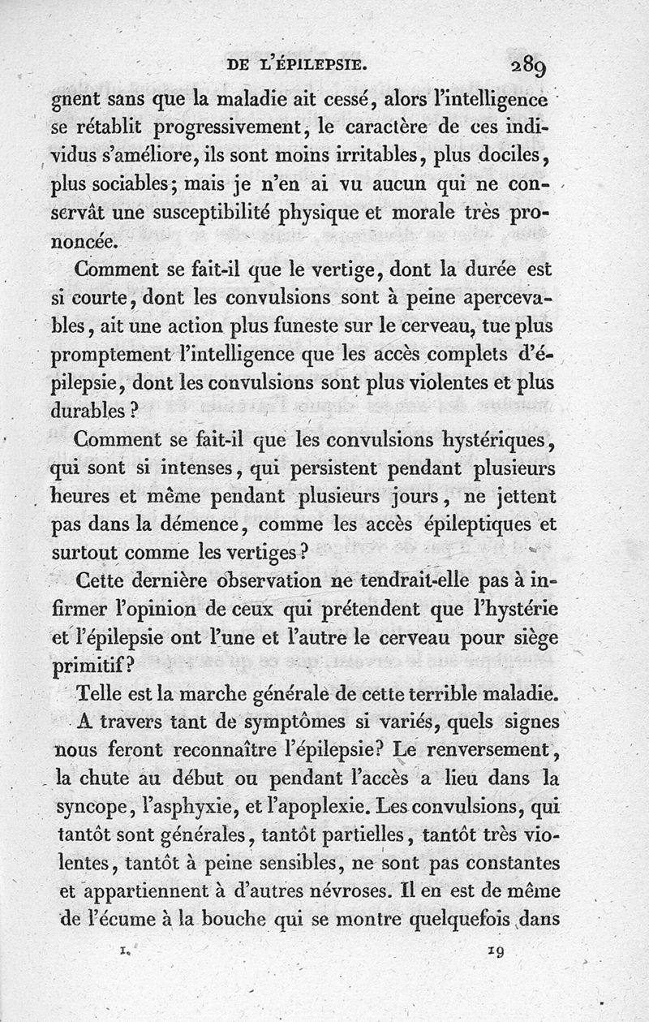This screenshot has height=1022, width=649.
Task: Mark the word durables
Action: pyautogui.click(x=92, y=411)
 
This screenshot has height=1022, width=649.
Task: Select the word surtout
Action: pyautogui.click(x=87, y=553)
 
